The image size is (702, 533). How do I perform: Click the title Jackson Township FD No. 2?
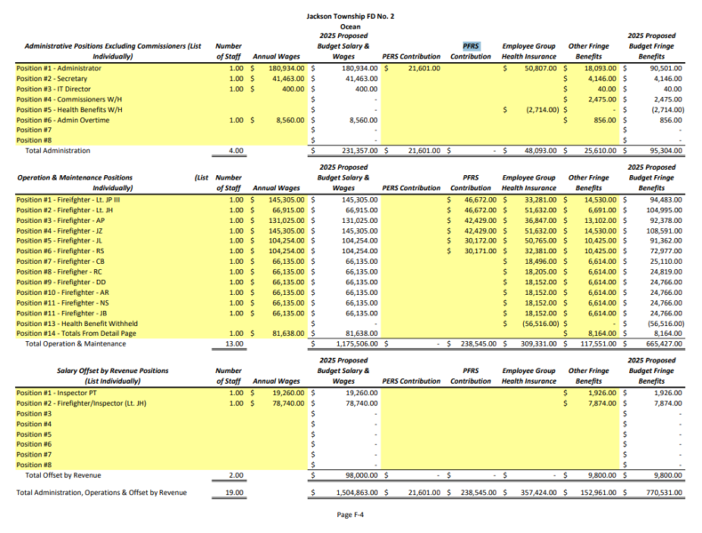pyautogui.click(x=351, y=16)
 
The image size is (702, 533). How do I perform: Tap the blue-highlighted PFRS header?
pyautogui.click(x=471, y=45)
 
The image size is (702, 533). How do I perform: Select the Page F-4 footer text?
pyautogui.click(x=351, y=514)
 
